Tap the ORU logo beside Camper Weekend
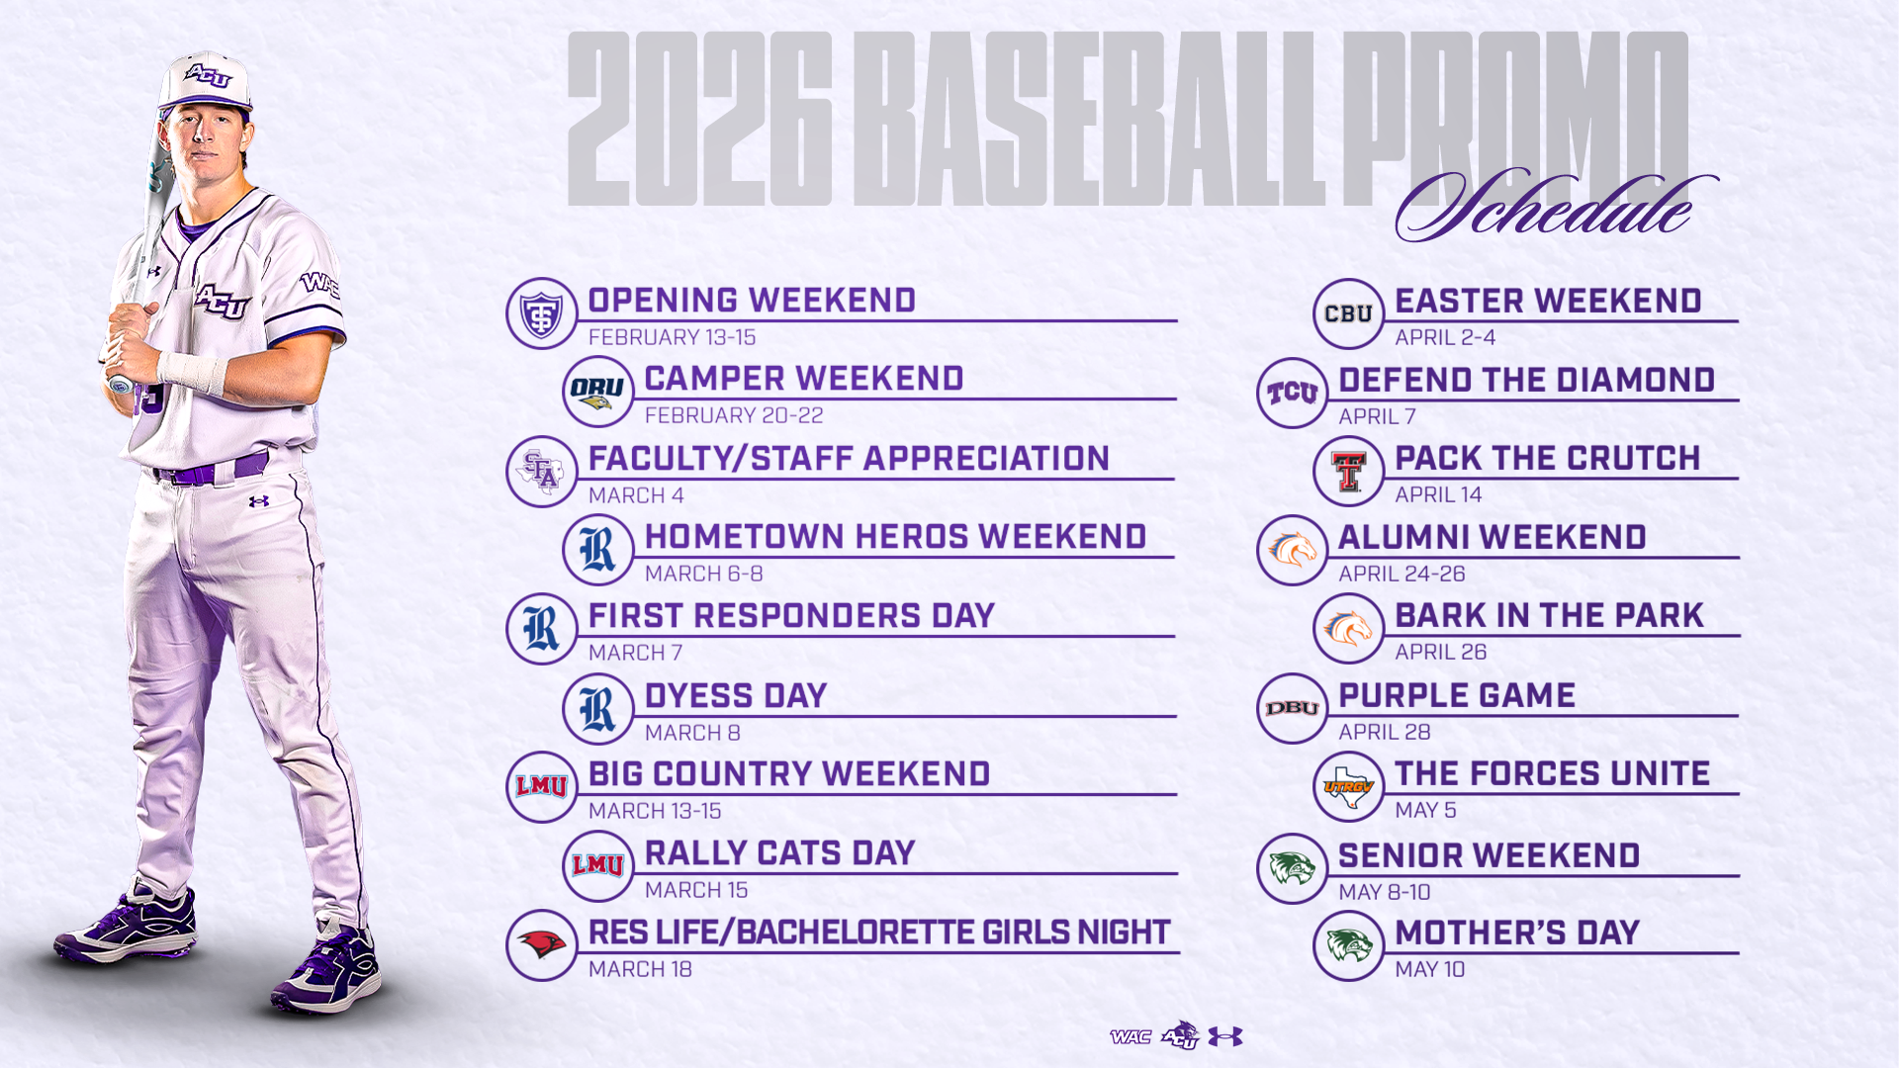pos(597,392)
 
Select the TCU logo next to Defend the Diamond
pos(1292,393)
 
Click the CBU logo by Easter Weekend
pos(1348,313)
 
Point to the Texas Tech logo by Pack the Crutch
pos(1348,472)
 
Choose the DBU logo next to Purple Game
pos(1292,708)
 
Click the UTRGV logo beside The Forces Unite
pos(1348,787)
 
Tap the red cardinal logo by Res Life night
pos(541,945)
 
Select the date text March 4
pos(636,495)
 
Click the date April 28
pos(1384,732)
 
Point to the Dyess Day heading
pos(735,696)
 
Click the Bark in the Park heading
pos(1549,616)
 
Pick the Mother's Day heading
pos(1516,933)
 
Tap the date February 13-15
pos(672,337)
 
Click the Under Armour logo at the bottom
pos(1225,1036)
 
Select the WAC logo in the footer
pos(1130,1036)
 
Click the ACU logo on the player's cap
pos(208,76)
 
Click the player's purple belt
pos(213,471)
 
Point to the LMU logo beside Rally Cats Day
pos(597,866)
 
